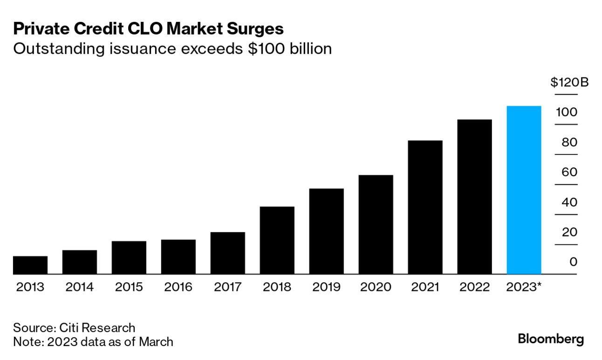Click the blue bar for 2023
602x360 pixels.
click(524, 190)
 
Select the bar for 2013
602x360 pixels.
click(30, 265)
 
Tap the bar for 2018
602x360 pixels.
click(277, 240)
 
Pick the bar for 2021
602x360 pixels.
click(425, 207)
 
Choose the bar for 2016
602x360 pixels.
click(178, 256)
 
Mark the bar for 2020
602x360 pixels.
click(376, 224)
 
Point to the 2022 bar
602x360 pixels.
click(474, 197)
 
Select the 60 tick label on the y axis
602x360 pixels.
click(569, 173)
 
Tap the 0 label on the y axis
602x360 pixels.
click(573, 262)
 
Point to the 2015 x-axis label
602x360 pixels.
click(129, 287)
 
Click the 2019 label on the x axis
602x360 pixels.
click(326, 287)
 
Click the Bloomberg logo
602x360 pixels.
click(551, 339)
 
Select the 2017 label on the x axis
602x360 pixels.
click(227, 287)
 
